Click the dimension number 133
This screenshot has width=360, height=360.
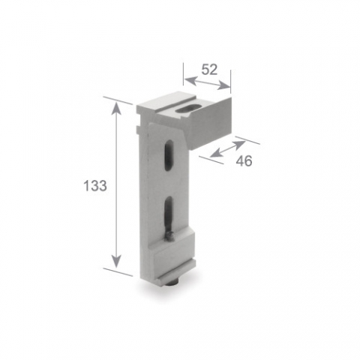pyautogui.click(x=95, y=186)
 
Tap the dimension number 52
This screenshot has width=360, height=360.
pyautogui.click(x=209, y=70)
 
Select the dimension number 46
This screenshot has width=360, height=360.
pyautogui.click(x=244, y=160)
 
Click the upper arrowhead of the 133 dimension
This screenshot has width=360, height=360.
pyautogui.click(x=116, y=108)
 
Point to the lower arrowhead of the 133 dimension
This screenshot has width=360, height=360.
pyautogui.click(x=116, y=262)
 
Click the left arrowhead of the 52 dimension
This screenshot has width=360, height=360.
pyautogui.click(x=190, y=80)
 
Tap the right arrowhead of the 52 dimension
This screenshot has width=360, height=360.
pyautogui.click(x=223, y=85)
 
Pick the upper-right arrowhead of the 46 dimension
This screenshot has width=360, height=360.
pyautogui.click(x=239, y=145)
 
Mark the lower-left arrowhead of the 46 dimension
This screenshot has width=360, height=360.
pyautogui.click(x=216, y=154)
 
